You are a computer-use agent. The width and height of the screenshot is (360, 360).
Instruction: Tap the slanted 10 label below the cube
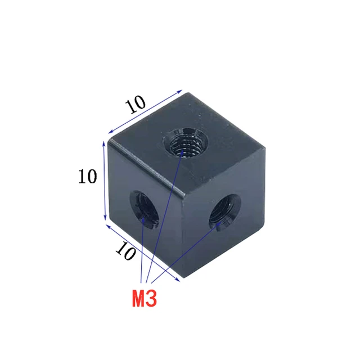127,251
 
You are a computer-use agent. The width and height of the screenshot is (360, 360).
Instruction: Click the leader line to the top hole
166,219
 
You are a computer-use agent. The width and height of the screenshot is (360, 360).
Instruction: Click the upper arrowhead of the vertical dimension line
104,143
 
